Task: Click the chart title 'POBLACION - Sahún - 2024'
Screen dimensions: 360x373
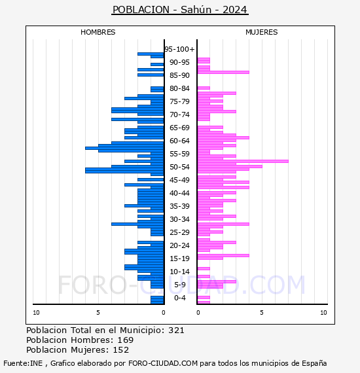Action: pos(180,10)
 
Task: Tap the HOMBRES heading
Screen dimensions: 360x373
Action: pos(98,32)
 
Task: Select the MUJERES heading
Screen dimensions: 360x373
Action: pos(262,32)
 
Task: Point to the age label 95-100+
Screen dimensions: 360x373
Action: pos(179,49)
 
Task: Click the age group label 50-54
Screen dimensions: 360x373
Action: pos(179,167)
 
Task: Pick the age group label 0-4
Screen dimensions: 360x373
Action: pos(179,298)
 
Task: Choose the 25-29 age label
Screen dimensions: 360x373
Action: pos(179,232)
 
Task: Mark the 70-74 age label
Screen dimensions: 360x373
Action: pos(179,115)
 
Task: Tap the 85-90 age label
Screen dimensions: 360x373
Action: pos(179,75)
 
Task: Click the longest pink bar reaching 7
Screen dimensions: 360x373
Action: pos(243,161)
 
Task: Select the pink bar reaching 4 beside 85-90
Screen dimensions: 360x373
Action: pos(223,73)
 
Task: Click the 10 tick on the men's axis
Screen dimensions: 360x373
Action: pos(36,313)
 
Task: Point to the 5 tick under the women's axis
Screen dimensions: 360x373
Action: pos(262,313)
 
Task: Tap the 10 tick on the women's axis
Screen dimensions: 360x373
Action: pos(323,313)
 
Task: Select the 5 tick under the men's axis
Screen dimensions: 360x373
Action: pos(98,313)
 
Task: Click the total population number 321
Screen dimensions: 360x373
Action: pos(176,330)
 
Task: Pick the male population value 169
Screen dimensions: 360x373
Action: pos(126,340)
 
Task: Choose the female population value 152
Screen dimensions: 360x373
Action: pos(121,349)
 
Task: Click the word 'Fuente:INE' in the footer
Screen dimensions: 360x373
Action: pos(23,363)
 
